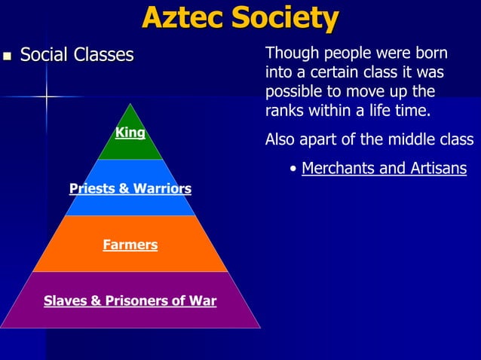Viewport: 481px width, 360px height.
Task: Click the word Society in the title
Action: tap(287, 18)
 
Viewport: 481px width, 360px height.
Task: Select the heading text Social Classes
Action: tap(77, 55)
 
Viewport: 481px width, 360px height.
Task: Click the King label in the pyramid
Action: tap(130, 133)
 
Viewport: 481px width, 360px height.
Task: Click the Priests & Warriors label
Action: tap(130, 188)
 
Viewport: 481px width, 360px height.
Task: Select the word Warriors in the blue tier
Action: tap(162, 188)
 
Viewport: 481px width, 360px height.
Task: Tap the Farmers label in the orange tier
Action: tap(130, 245)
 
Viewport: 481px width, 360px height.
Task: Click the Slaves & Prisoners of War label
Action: tap(130, 301)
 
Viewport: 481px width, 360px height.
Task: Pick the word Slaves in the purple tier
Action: tap(65, 301)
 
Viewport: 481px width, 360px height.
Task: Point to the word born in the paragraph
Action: tap(431, 54)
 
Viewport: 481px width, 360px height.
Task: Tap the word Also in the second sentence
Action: tap(281, 140)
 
